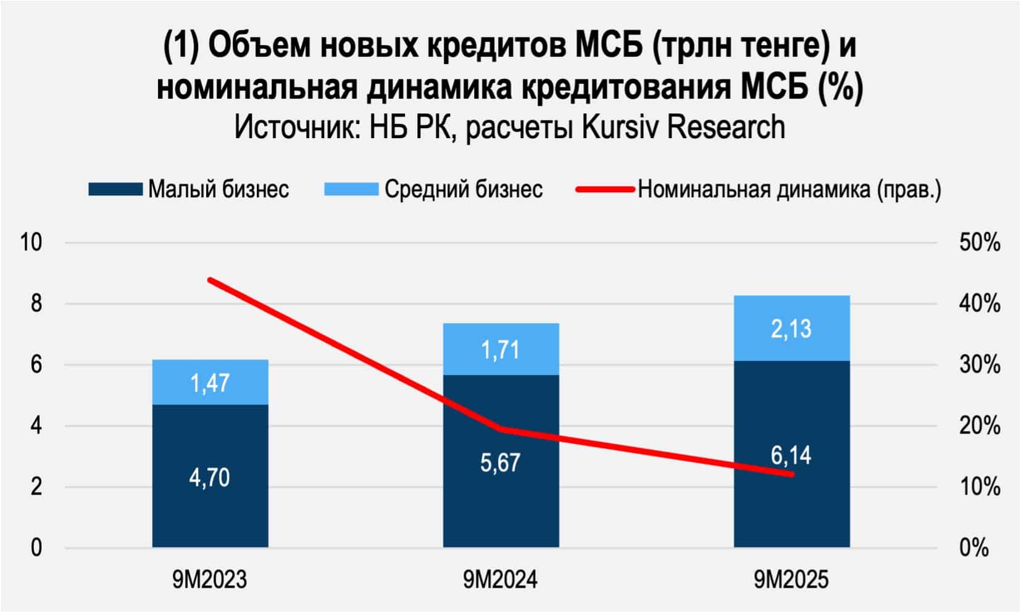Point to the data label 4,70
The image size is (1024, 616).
tap(210, 478)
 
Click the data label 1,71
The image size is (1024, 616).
tap(501, 351)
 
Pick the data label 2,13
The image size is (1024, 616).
tap(791, 329)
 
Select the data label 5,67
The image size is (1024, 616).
tap(501, 462)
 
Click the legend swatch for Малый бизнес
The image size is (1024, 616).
tap(115, 189)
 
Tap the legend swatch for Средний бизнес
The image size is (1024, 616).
tap(351, 189)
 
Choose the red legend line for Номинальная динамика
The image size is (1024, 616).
tap(605, 189)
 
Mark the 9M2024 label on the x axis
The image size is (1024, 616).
tap(501, 580)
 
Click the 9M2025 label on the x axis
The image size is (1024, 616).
tap(791, 580)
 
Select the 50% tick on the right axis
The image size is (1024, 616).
tap(980, 242)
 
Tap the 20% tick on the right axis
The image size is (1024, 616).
tap(980, 426)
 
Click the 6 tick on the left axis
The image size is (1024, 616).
tap(36, 365)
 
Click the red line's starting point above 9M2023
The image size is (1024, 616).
tap(210, 280)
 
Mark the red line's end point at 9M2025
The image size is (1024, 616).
tap(791, 474)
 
